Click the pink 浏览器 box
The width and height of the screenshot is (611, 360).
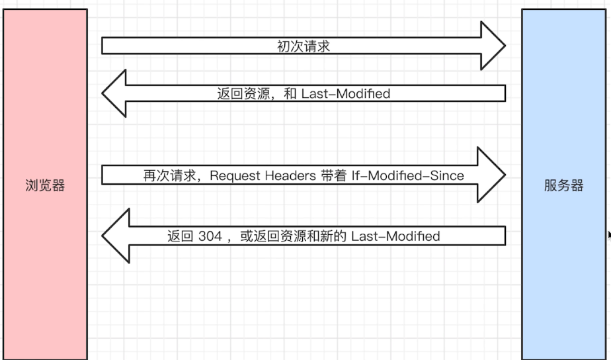pyautogui.click(x=45, y=184)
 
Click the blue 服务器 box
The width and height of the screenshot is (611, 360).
pyautogui.click(x=564, y=184)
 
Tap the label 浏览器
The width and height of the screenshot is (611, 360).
pyautogui.click(x=45, y=185)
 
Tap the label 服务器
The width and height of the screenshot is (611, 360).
pyautogui.click(x=564, y=185)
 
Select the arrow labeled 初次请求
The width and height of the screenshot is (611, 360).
pyautogui.click(x=304, y=46)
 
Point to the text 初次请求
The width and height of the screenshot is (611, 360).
pyautogui.click(x=304, y=46)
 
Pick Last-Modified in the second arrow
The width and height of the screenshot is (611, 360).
pyautogui.click(x=346, y=93)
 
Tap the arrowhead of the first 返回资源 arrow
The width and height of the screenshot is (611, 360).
pyautogui.click(x=114, y=93)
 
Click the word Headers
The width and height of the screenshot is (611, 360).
pyautogui.click(x=290, y=175)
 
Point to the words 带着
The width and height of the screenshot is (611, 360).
pyautogui.click(x=333, y=175)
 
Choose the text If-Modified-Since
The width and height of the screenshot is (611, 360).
pyautogui.click(x=407, y=175)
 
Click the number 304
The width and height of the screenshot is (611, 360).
pyautogui.click(x=210, y=236)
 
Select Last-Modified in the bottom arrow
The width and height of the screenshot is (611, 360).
pyautogui.click(x=395, y=236)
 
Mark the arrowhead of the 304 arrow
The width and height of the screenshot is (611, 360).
pyautogui.click(x=115, y=236)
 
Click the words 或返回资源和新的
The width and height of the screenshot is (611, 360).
pyautogui.click(x=293, y=236)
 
